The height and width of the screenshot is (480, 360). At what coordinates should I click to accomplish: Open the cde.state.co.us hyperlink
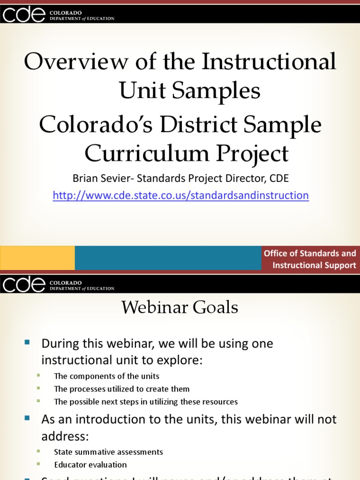[180, 195]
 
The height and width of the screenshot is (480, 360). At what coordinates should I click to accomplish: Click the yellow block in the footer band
[37, 258]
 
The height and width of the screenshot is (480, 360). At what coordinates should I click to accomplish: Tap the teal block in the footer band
[168, 258]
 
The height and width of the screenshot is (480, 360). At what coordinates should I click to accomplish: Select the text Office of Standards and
[310, 253]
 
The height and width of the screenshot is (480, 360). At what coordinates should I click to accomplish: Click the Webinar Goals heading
[180, 307]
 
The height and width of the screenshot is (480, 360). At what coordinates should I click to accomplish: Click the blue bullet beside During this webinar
[27, 342]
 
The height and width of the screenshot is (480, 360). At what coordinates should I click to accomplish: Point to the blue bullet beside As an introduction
[27, 417]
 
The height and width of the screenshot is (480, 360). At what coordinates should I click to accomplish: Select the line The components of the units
[106, 376]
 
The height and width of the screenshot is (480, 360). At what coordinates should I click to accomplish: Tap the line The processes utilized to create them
[121, 389]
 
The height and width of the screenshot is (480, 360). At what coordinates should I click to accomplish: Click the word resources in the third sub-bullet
[219, 402]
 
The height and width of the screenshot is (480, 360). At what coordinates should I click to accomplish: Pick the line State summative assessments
[108, 452]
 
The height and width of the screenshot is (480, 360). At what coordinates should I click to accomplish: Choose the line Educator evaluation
[90, 465]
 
